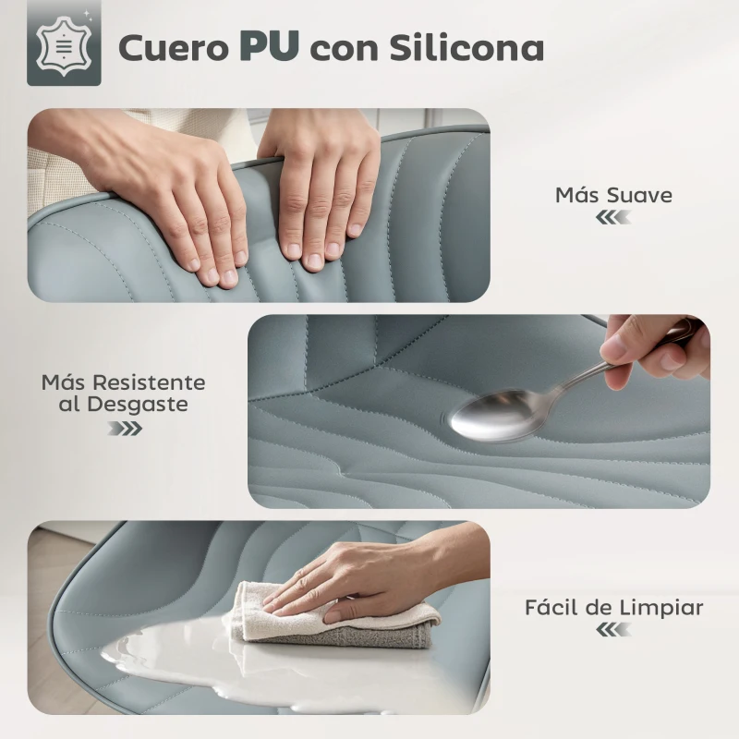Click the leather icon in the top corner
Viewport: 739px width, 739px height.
tap(64, 49)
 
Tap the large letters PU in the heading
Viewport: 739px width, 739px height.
tap(268, 46)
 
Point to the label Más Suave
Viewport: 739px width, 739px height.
tap(613, 195)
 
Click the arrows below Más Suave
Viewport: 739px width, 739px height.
tap(613, 217)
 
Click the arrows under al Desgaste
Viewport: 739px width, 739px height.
tap(125, 428)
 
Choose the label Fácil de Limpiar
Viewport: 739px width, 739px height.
tap(613, 608)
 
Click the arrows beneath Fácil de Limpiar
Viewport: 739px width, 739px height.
tap(613, 630)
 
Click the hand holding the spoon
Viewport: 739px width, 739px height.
tap(651, 346)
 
